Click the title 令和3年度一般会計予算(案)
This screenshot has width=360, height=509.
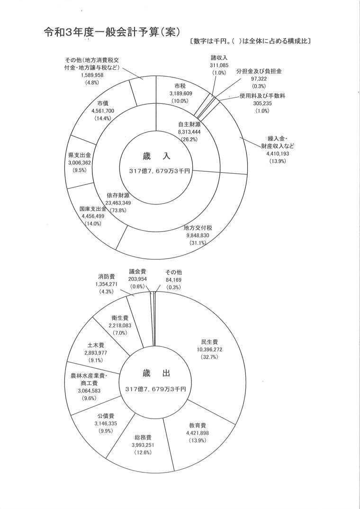point(112,33)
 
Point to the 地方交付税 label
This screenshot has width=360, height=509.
point(198,227)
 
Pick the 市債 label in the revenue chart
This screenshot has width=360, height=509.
point(104,103)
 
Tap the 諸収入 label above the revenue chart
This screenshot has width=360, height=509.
point(219,57)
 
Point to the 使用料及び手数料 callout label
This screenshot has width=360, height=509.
point(262,96)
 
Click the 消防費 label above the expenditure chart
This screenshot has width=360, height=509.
point(107,276)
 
